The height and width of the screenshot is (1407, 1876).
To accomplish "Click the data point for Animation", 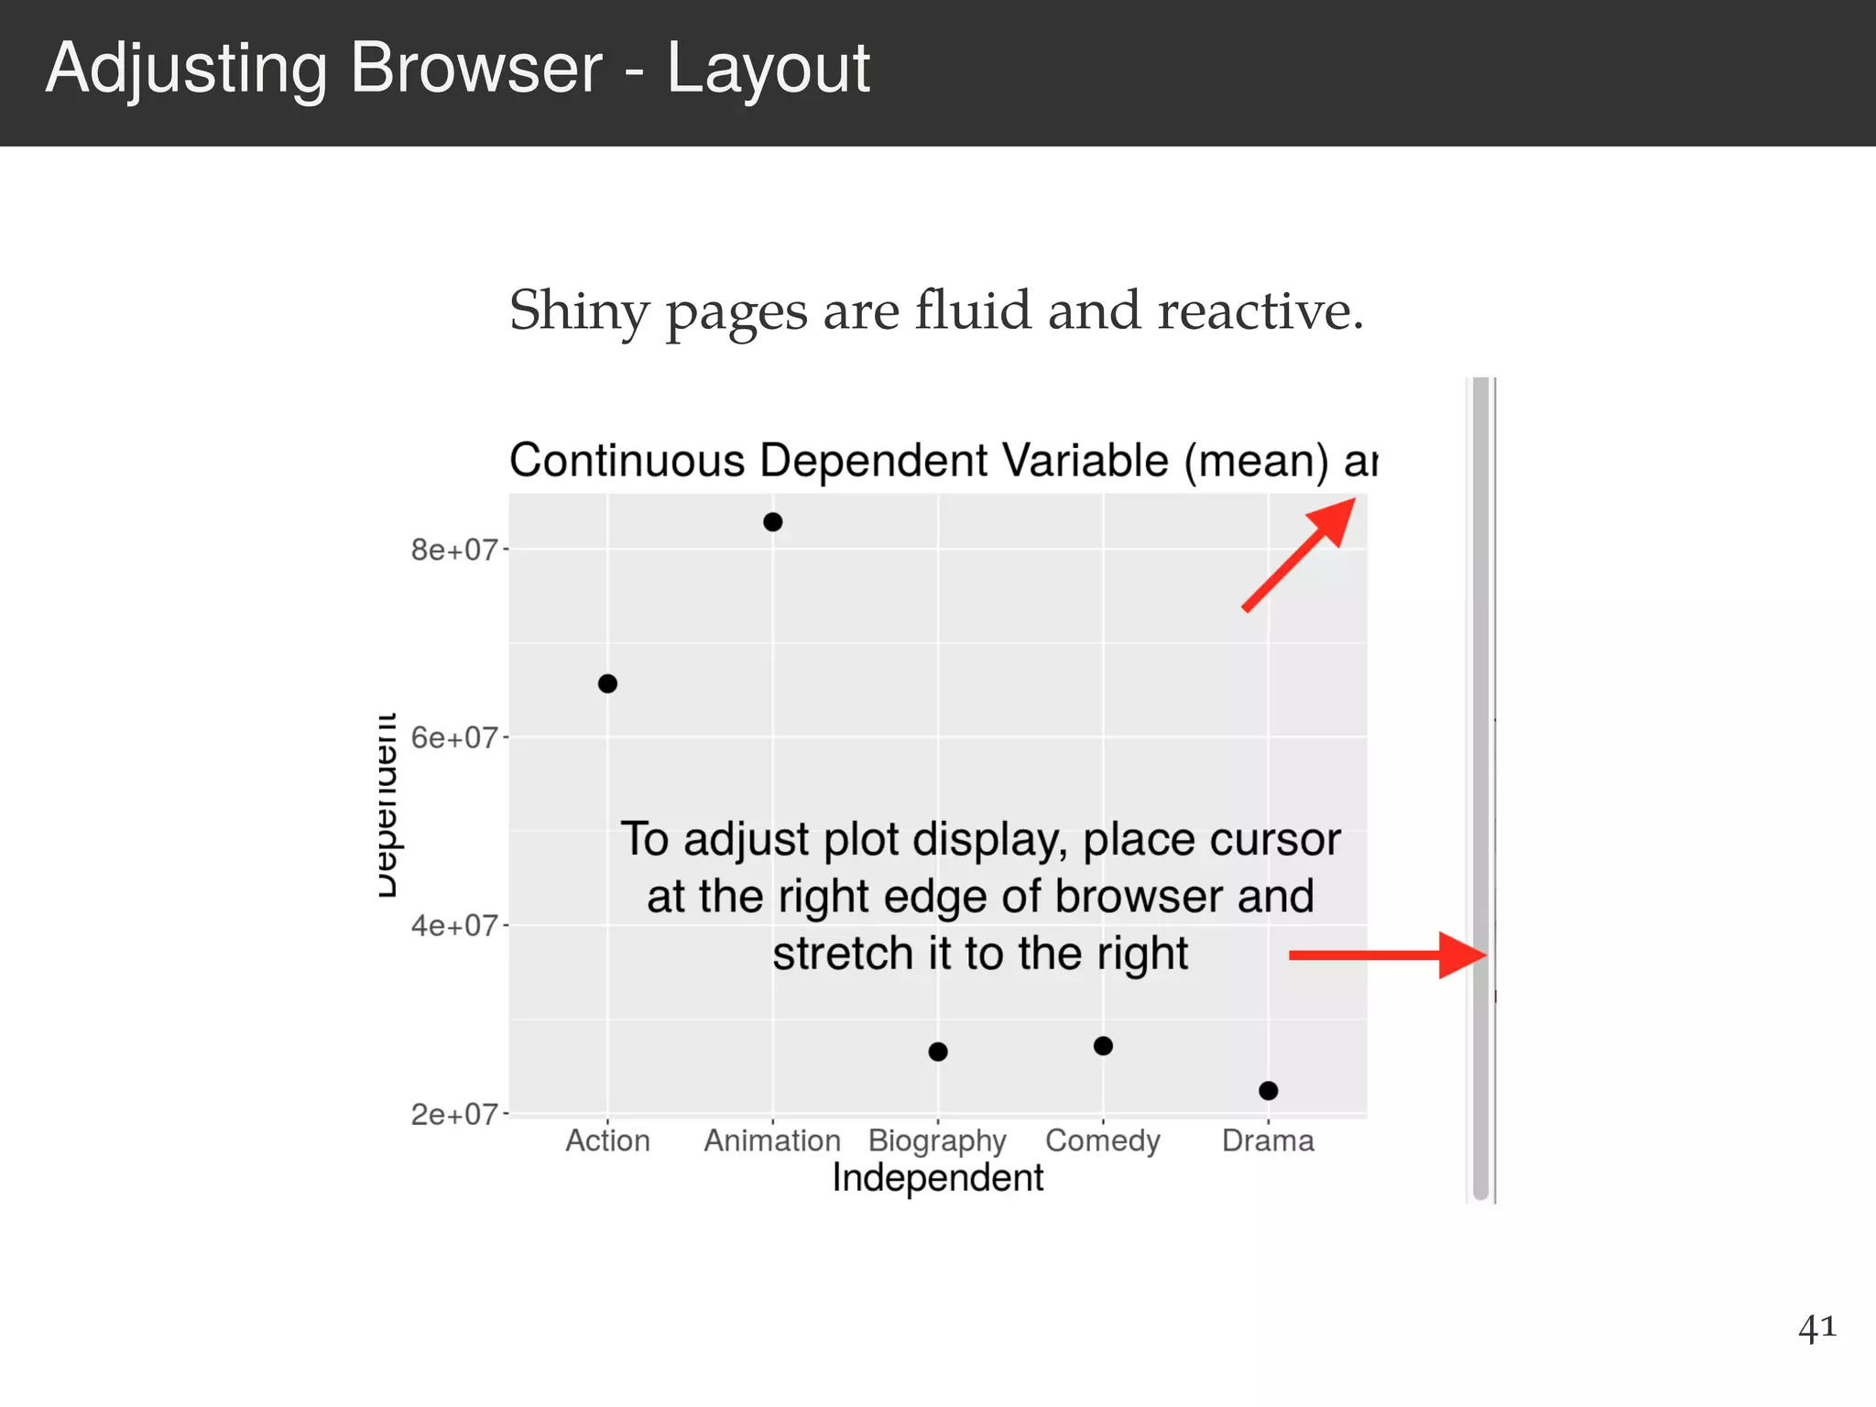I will [x=772, y=522].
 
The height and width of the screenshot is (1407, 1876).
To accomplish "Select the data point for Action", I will [x=607, y=683].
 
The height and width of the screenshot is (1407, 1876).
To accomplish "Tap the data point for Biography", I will [x=938, y=1052].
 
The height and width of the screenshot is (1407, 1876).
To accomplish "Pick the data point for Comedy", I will [x=1103, y=1045].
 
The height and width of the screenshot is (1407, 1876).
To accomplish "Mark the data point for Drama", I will [x=1268, y=1090].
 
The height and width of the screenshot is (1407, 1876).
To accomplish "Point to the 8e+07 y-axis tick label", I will [x=453, y=550].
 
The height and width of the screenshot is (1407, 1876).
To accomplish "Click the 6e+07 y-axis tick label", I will [x=453, y=737].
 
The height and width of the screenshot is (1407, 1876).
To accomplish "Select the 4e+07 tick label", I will [x=453, y=925].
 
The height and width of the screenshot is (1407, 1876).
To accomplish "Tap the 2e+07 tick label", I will [x=453, y=1114].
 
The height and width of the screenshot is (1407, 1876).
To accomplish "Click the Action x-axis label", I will [x=607, y=1140].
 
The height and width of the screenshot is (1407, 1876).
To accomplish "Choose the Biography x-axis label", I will [x=937, y=1141].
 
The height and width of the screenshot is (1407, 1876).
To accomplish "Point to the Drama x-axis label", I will [x=1268, y=1140].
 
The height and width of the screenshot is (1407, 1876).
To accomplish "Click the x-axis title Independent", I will [x=937, y=1178].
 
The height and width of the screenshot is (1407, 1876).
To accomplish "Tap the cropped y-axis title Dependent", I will [x=387, y=805].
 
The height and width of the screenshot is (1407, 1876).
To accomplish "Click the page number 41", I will [x=1816, y=1326].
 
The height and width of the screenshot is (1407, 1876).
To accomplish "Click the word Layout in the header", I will [x=768, y=69].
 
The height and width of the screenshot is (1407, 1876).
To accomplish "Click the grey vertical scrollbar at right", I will [x=1480, y=788].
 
